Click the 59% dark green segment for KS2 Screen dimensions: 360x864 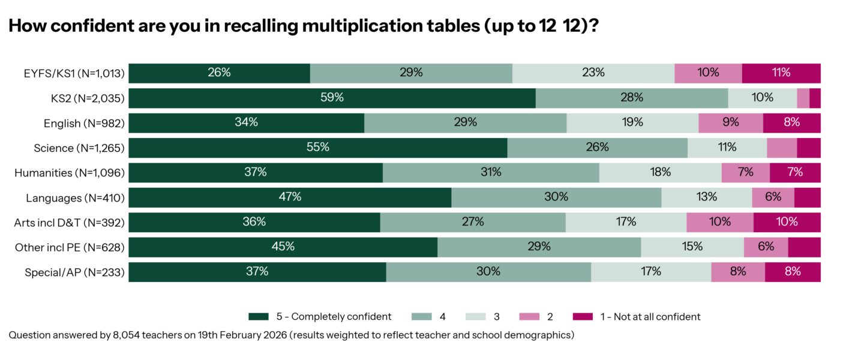(332, 98)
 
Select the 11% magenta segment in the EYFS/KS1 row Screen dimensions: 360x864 (781, 73)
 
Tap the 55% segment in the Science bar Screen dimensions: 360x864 (318, 148)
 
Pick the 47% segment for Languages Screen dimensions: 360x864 (290, 197)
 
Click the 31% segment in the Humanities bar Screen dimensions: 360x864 (491, 173)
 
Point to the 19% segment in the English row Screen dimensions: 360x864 (632, 123)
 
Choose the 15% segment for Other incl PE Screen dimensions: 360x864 (692, 247)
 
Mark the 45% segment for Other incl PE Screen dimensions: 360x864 (283, 247)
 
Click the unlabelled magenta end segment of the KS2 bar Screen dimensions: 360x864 (815, 98)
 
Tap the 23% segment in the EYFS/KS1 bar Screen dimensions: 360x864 (593, 73)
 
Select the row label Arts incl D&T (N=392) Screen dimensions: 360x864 (69, 223)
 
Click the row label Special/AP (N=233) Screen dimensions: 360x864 (74, 272)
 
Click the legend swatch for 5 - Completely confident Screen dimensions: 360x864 (258, 316)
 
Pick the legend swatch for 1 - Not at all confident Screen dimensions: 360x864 (581, 316)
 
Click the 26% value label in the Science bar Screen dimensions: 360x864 (598, 148)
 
